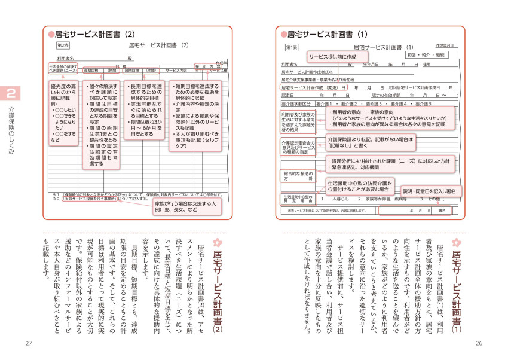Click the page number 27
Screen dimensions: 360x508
pyautogui.click(x=28, y=343)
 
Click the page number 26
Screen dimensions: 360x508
pyautogui.click(x=478, y=343)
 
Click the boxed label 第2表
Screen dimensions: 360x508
pyautogui.click(x=63, y=45)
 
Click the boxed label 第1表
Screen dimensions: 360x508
pyautogui.click(x=291, y=47)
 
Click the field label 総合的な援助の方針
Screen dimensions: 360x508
pyautogui.click(x=296, y=175)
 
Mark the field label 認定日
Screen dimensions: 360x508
pyautogui.click(x=287, y=95)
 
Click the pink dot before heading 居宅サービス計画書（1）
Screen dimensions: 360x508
pyautogui.click(x=282, y=35)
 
